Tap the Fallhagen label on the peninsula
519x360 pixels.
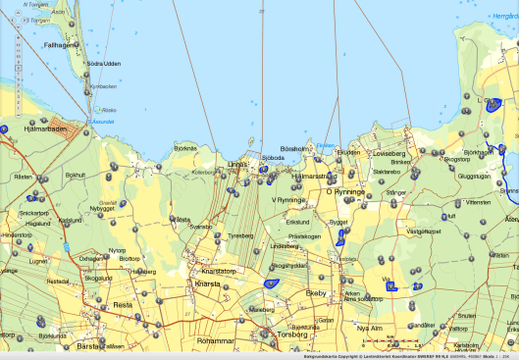tap(60, 44)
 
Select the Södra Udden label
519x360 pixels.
tap(103, 64)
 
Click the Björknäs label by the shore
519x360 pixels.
tap(184, 147)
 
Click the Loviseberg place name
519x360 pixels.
tap(389, 154)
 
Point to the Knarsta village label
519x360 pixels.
tap(209, 283)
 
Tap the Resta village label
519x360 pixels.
tap(123, 304)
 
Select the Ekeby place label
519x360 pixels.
tap(315, 293)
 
